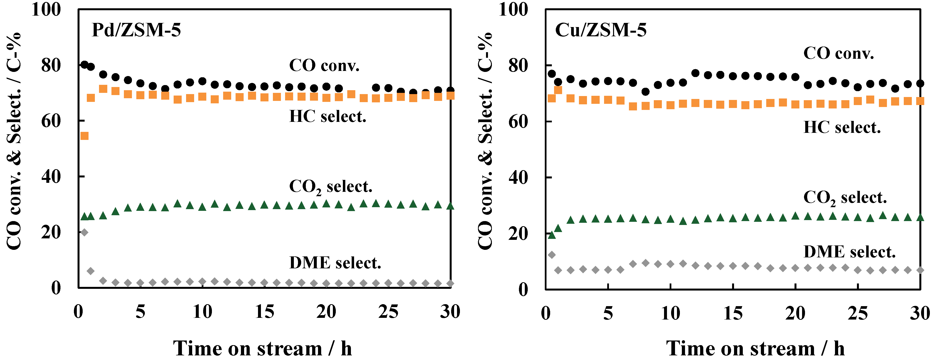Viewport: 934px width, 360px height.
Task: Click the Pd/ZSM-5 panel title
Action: coord(136,30)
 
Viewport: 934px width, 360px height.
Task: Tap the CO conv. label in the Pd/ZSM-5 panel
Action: coord(324,66)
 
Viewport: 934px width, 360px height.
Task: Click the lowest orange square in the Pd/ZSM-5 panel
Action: coord(84,136)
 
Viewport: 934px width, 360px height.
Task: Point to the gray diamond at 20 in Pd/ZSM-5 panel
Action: coord(84,232)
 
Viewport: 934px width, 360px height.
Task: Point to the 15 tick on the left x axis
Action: coord(264,312)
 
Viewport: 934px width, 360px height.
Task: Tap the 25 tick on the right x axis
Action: coord(857,313)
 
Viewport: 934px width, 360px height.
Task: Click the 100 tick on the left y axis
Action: coord(46,10)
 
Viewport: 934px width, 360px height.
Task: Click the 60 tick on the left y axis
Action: coord(51,121)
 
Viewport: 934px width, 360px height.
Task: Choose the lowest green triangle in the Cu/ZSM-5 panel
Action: coord(551,235)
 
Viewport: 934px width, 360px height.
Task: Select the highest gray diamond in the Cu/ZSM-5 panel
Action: coord(551,255)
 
